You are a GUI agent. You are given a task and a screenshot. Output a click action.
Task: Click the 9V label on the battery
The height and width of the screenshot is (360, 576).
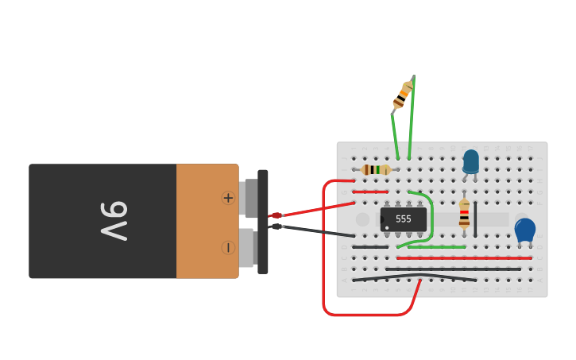pyautogui.click(x=114, y=221)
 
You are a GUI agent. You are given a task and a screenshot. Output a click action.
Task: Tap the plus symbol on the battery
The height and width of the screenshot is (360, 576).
pyautogui.click(x=228, y=198)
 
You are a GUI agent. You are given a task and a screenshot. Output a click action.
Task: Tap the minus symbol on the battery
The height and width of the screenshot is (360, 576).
pyautogui.click(x=228, y=248)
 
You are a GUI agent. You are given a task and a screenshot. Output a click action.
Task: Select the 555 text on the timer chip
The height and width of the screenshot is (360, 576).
pyautogui.click(x=404, y=219)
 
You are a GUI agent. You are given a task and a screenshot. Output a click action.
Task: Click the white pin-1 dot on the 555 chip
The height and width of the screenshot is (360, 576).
pyautogui.click(x=387, y=228)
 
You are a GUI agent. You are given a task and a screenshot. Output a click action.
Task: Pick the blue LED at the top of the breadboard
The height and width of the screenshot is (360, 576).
pyautogui.click(x=471, y=161)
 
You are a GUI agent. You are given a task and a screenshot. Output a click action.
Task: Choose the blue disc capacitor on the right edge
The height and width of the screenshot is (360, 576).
pyautogui.click(x=524, y=230)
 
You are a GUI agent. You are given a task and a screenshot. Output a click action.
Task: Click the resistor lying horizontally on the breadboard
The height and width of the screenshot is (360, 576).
pyautogui.click(x=376, y=169)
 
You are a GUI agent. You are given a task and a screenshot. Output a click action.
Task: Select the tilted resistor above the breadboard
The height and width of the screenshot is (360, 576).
pyautogui.click(x=403, y=95)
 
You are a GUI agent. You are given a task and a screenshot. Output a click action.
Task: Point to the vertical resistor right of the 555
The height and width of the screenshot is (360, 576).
pyautogui.click(x=465, y=215)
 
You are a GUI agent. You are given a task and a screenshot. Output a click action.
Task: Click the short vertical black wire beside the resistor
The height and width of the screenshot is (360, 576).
pyautogui.click(x=475, y=219)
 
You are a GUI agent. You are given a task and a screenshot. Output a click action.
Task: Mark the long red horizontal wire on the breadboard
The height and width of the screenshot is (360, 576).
pyautogui.click(x=464, y=258)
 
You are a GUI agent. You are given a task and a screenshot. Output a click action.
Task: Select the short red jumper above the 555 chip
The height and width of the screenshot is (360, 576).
pyautogui.click(x=370, y=192)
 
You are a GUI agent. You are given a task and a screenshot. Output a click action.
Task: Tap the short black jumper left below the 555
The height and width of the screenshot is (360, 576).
pyautogui.click(x=370, y=247)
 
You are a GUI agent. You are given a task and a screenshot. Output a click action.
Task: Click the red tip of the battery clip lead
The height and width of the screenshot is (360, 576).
pyautogui.click(x=276, y=215)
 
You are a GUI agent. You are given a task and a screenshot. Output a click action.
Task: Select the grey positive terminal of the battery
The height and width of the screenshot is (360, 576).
pyautogui.click(x=249, y=198)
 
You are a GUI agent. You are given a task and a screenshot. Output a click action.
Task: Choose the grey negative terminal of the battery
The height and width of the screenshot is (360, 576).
pyautogui.click(x=249, y=247)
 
